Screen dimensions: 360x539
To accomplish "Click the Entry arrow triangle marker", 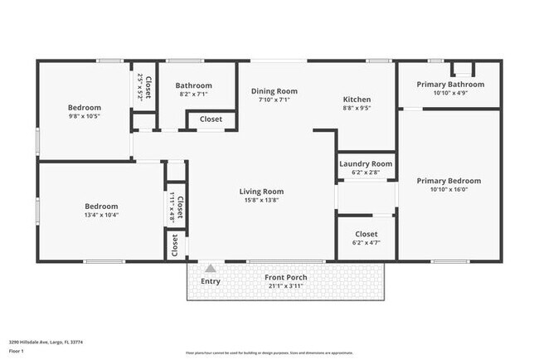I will pyautogui.click(x=211, y=268).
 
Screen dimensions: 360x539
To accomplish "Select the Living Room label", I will pyautogui.click(x=262, y=191).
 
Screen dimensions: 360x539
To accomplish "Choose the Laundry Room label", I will pyautogui.click(x=366, y=164).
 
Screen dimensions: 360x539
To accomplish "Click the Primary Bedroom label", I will pyautogui.click(x=449, y=181).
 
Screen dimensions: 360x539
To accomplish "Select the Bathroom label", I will pyautogui.click(x=192, y=85).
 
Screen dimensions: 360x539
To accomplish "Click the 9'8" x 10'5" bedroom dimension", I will pyautogui.click(x=84, y=116).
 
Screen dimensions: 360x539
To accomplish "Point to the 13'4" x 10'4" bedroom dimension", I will pyautogui.click(x=101, y=215).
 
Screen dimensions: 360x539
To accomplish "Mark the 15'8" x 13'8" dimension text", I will pyautogui.click(x=262, y=200).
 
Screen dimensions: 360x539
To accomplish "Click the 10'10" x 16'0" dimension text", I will pyautogui.click(x=449, y=189).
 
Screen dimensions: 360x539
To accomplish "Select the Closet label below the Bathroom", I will pyautogui.click(x=211, y=119).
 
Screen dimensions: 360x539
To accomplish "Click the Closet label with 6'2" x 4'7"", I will pyautogui.click(x=366, y=235).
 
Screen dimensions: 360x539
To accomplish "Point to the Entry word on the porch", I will pyautogui.click(x=211, y=281).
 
